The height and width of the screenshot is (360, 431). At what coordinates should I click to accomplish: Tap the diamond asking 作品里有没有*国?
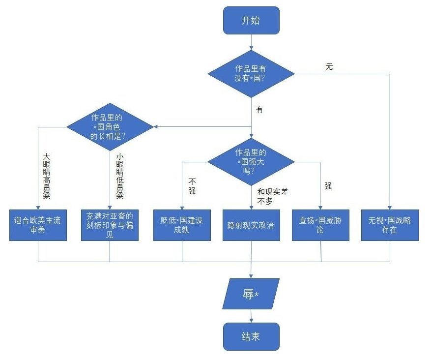[251, 74]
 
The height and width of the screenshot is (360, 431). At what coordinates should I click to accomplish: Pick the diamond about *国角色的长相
[110, 127]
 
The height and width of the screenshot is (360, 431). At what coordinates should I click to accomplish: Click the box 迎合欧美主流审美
[38, 225]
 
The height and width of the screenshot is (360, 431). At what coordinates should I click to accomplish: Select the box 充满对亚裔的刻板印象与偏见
[110, 225]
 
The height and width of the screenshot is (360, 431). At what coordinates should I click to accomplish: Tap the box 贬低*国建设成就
[182, 225]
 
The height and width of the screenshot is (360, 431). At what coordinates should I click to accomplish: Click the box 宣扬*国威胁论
[320, 225]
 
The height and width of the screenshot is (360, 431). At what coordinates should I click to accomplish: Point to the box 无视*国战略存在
[390, 225]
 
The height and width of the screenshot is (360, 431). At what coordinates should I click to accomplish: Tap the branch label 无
[329, 67]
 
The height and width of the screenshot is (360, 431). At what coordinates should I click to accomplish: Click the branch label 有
[259, 110]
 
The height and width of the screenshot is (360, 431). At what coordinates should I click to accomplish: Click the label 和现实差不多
[272, 196]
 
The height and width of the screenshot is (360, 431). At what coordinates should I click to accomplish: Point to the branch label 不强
[192, 185]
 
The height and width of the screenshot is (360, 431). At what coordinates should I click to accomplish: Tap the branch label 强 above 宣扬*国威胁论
[328, 186]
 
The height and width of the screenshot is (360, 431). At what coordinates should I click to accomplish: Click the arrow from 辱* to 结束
[251, 316]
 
